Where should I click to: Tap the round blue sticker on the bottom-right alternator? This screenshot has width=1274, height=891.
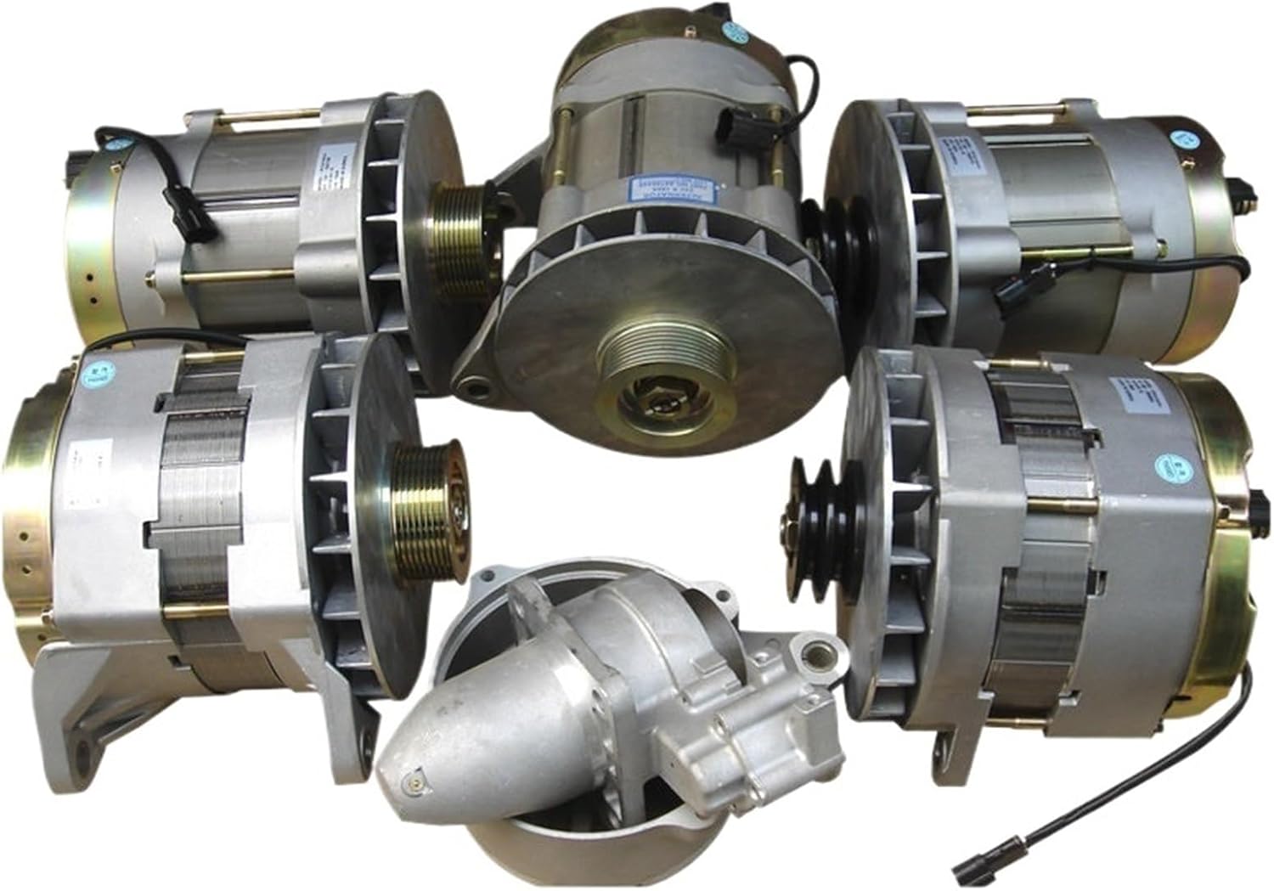tap(1168, 466)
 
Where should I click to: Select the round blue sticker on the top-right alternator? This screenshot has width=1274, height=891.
tap(1181, 140)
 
